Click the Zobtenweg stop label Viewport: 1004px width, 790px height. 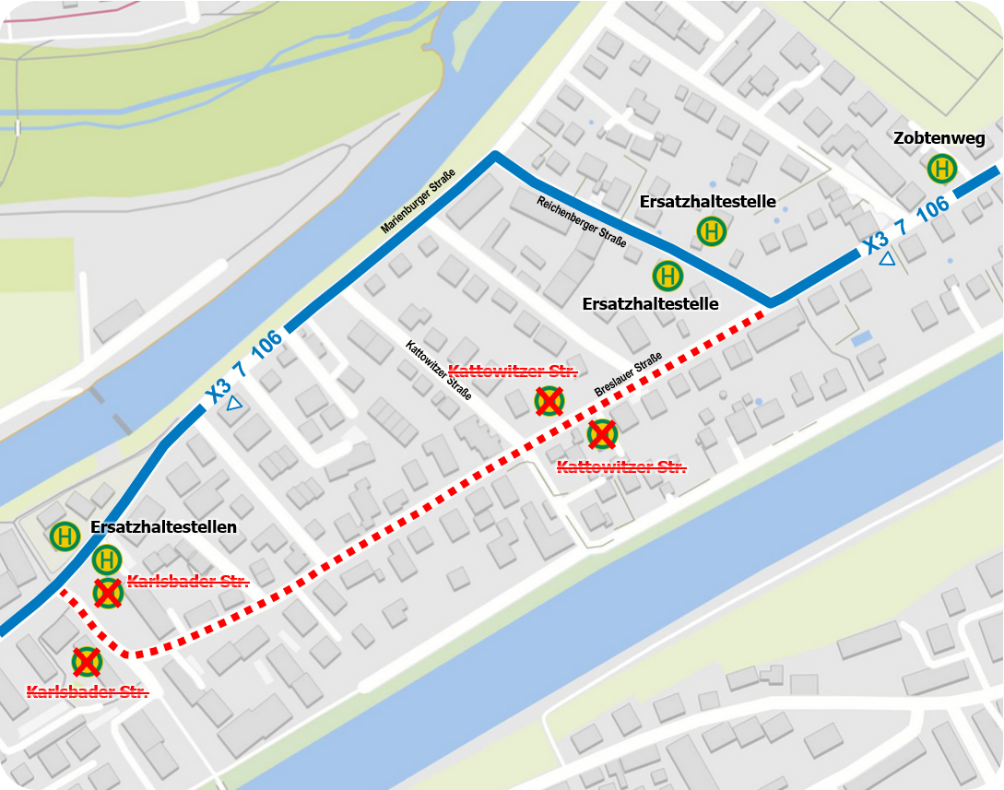(939, 139)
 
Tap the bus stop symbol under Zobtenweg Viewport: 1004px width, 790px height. (942, 169)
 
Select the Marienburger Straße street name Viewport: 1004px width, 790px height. (418, 202)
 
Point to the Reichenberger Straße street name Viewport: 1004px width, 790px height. (582, 222)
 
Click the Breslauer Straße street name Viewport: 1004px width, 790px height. (628, 376)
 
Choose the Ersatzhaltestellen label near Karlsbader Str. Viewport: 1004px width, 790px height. (163, 527)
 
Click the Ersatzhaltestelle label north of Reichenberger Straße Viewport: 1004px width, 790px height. (708, 202)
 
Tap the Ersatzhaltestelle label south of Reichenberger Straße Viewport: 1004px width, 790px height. (650, 303)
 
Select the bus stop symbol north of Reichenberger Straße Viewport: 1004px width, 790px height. (712, 231)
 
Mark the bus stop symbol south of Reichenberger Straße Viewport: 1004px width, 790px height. (667, 276)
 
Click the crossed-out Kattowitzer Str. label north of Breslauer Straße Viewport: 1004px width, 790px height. (513, 371)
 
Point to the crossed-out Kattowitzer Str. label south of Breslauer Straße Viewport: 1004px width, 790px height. (621, 467)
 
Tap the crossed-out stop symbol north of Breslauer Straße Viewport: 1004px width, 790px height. (549, 401)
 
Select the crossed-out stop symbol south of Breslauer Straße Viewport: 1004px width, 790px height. (602, 433)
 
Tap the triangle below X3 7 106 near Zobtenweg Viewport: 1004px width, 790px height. (887, 259)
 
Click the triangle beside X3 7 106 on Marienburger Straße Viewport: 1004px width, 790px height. (234, 403)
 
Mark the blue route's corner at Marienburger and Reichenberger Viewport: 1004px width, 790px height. (495, 156)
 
